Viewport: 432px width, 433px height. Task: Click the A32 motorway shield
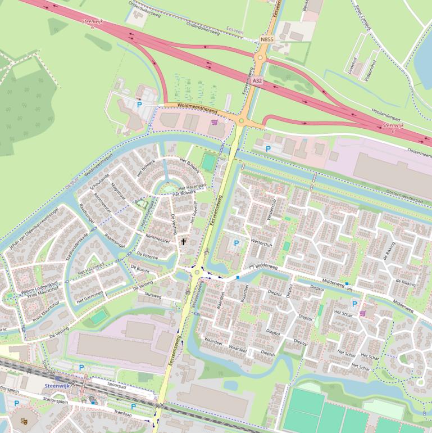(257, 81)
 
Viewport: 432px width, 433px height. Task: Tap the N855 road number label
(267, 40)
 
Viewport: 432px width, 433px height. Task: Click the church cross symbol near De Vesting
(183, 242)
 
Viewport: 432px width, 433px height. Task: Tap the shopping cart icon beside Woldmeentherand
(213, 121)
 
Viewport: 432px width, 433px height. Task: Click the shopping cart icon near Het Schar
(362, 313)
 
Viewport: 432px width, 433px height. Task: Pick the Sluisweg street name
(153, 295)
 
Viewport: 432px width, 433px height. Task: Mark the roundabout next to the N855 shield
(260, 57)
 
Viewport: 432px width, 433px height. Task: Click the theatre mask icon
(24, 421)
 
